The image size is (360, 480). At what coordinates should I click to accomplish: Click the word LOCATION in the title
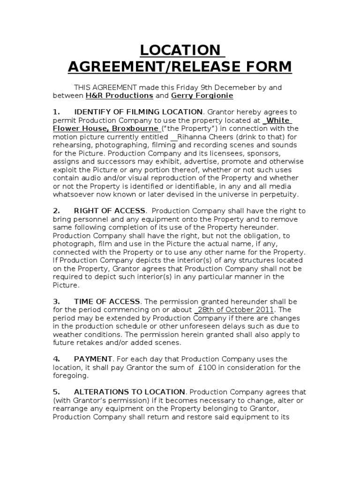point(180,50)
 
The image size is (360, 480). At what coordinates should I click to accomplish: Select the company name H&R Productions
point(119,96)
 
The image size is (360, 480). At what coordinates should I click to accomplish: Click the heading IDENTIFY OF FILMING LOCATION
point(138,112)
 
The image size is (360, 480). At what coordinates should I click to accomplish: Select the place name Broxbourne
point(135,128)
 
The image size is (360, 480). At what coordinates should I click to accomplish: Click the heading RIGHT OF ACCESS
point(110,211)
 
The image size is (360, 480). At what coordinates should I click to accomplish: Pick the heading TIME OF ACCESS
point(107,301)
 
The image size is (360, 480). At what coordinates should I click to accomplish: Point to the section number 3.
point(56,301)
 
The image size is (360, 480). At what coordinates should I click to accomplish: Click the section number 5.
point(56,391)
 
